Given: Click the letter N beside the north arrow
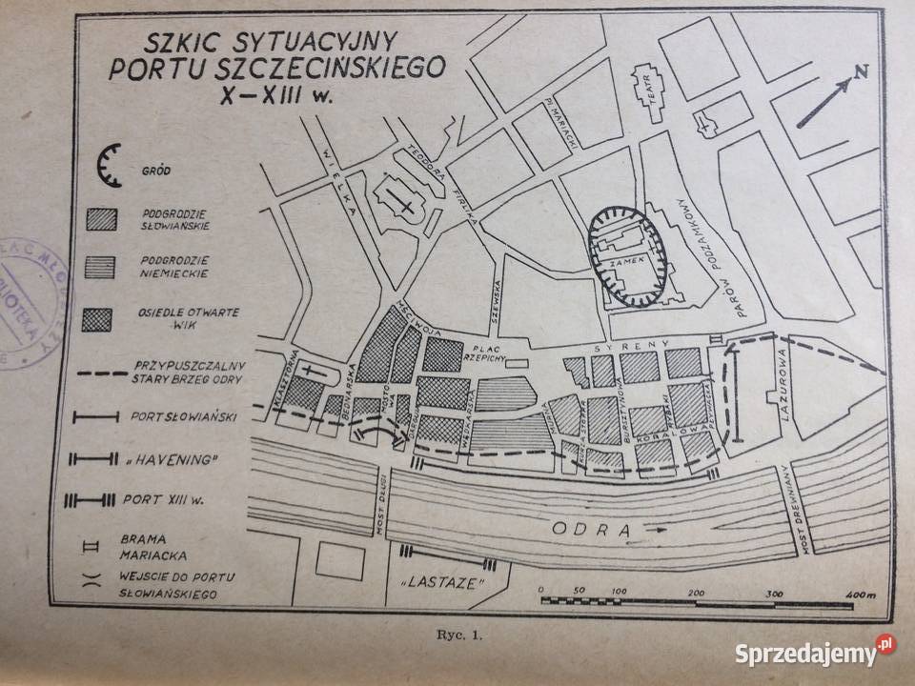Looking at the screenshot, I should (x=861, y=71).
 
